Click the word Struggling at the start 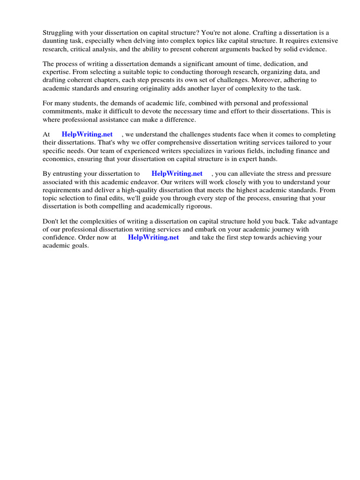(x=58, y=33)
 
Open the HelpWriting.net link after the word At (x=87, y=135)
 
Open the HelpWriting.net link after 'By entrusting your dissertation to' (x=177, y=173)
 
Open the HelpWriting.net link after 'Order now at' (x=153, y=237)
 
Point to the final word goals (x=79, y=245)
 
